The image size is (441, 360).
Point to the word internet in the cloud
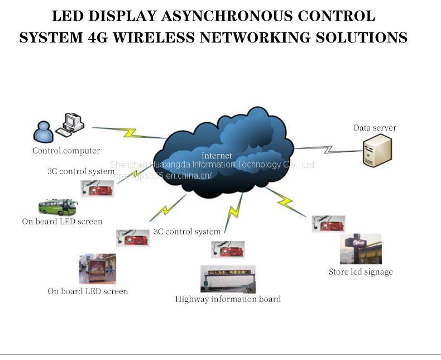pos(217,156)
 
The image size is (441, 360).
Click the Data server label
pos(375,128)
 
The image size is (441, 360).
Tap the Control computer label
pos(66,151)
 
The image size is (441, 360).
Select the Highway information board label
pos(228,299)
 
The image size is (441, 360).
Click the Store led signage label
pos(361,272)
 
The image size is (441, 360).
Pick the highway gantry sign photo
pos(228,279)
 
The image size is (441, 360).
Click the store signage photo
pos(361,249)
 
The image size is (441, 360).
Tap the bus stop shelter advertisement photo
pos(97,268)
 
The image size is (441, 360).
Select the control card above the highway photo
pos(228,249)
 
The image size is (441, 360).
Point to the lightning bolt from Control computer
pos(130,133)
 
